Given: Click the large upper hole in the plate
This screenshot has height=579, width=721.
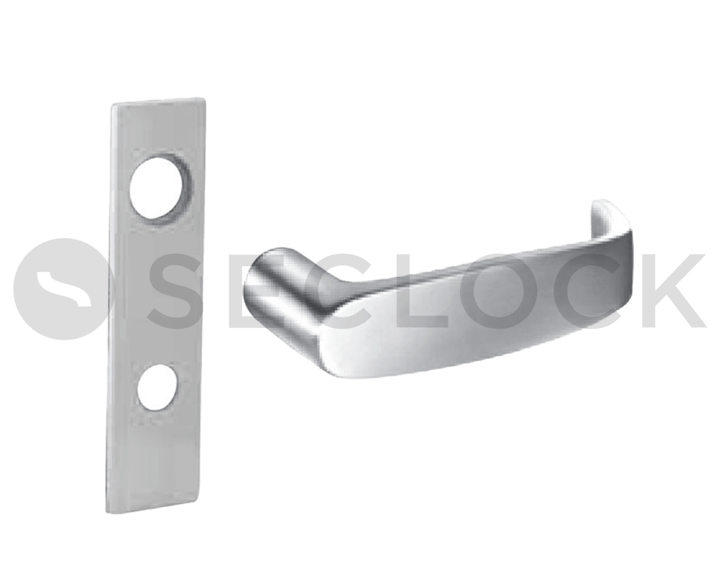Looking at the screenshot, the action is [159, 190].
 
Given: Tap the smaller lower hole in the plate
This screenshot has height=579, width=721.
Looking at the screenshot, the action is [156, 388].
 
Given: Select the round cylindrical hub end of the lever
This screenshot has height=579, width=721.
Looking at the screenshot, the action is [270, 280].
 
